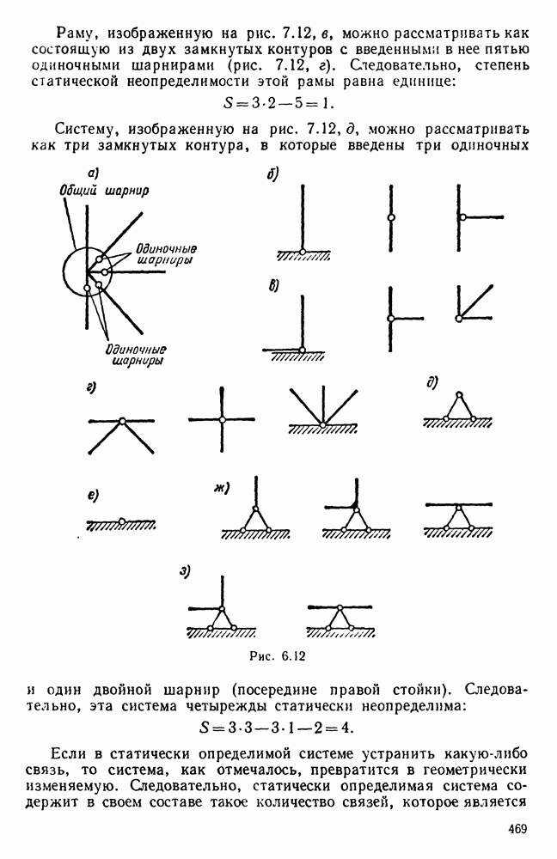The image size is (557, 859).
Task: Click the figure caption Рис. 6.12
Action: click(x=276, y=655)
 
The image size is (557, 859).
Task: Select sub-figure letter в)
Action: click(x=272, y=286)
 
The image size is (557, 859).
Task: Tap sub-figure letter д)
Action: click(x=432, y=382)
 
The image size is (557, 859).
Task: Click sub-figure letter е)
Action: click(x=92, y=497)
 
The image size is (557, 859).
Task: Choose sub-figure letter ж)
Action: click(x=221, y=490)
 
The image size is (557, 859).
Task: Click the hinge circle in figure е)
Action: click(x=123, y=521)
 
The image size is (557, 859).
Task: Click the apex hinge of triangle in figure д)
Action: click(x=458, y=395)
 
